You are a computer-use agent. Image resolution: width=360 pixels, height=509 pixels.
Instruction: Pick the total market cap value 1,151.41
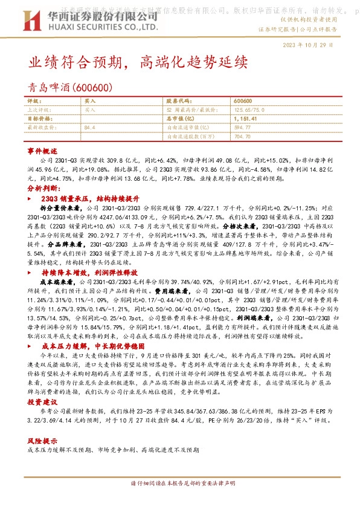245,118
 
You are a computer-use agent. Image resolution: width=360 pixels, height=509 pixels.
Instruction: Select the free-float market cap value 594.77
242,128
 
